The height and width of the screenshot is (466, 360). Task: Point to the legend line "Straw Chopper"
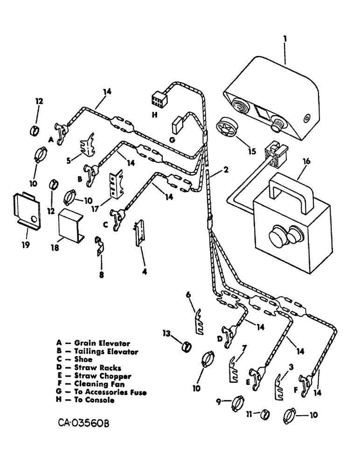[x=100, y=376]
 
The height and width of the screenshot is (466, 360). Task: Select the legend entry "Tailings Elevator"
[x=102, y=351]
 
